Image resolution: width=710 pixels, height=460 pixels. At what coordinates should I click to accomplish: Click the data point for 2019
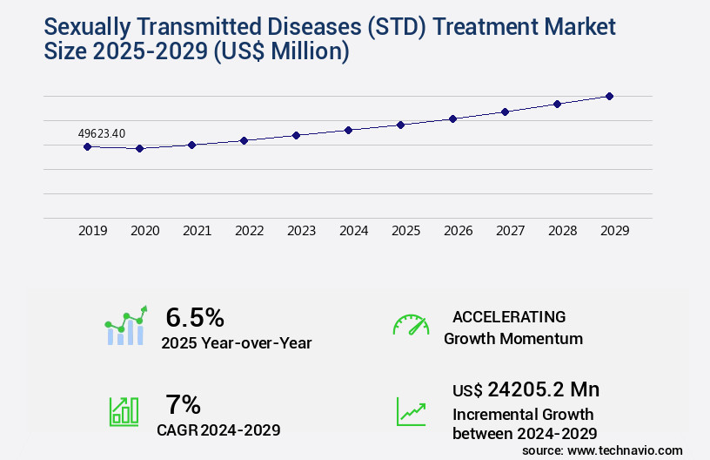click(x=87, y=146)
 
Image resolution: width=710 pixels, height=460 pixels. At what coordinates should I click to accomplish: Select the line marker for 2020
click(x=139, y=148)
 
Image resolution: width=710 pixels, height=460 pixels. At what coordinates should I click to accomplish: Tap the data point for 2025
click(x=400, y=125)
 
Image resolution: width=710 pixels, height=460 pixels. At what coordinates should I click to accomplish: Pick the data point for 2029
click(x=609, y=96)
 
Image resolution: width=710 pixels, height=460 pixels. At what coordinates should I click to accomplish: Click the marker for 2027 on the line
click(x=505, y=112)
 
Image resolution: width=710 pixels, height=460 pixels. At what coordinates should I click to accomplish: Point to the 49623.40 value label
click(x=101, y=133)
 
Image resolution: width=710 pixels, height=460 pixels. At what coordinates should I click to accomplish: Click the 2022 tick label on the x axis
click(x=249, y=231)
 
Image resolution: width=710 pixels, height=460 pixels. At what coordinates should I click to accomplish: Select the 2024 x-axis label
click(x=353, y=231)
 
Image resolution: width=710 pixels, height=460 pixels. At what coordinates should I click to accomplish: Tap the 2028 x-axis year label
click(x=562, y=231)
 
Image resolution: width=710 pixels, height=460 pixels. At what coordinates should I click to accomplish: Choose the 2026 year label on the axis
click(x=458, y=231)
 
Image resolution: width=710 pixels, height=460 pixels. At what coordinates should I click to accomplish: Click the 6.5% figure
click(x=195, y=317)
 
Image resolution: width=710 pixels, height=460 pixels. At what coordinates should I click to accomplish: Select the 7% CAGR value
click(x=183, y=404)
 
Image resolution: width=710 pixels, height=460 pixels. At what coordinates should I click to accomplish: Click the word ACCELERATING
click(x=509, y=316)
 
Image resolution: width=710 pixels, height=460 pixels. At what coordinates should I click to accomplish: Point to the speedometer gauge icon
click(x=411, y=325)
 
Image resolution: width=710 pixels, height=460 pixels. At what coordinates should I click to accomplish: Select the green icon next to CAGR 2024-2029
click(x=124, y=411)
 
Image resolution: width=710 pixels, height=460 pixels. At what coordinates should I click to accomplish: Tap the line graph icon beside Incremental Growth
click(x=411, y=411)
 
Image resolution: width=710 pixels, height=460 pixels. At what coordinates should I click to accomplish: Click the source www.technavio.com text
click(x=602, y=450)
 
